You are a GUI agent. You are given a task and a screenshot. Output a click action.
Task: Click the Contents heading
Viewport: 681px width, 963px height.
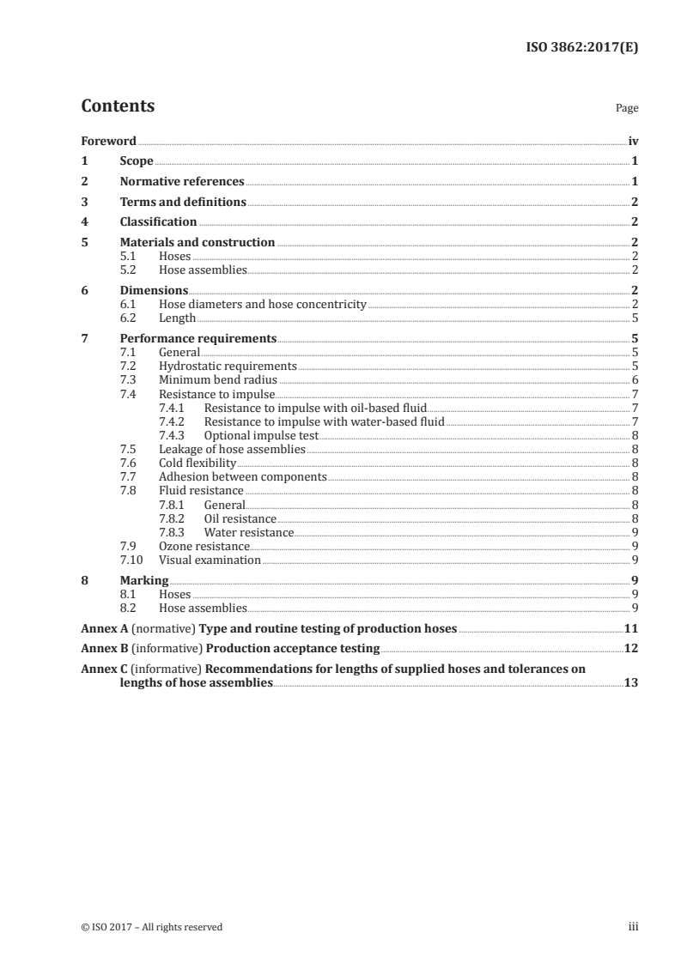click(118, 106)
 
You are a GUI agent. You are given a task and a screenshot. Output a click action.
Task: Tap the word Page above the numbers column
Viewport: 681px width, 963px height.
click(627, 109)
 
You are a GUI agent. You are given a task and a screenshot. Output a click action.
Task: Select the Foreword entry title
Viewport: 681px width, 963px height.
click(108, 141)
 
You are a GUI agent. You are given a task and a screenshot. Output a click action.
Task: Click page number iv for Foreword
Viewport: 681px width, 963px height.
click(633, 141)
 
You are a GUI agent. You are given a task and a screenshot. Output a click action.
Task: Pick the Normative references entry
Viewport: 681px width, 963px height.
click(182, 182)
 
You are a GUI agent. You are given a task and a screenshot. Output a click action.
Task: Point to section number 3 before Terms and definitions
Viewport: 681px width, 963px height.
click(84, 203)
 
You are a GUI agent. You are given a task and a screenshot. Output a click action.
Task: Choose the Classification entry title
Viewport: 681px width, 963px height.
click(158, 222)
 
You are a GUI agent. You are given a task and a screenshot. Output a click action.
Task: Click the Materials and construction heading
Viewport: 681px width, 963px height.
click(198, 243)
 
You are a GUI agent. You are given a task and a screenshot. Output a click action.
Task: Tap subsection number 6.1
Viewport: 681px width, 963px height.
click(128, 304)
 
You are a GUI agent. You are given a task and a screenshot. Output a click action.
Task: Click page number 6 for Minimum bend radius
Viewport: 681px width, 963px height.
click(635, 379)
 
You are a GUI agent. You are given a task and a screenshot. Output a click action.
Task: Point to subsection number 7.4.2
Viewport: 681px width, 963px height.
click(175, 421)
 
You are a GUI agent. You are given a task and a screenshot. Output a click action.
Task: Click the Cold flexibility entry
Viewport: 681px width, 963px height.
click(198, 463)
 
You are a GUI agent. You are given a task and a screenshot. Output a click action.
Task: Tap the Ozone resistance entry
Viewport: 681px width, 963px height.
click(204, 546)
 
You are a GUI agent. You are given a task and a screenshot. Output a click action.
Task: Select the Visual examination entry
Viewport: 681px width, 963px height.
click(210, 560)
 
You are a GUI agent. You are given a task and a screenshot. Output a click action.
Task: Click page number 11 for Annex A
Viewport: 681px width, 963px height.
click(630, 628)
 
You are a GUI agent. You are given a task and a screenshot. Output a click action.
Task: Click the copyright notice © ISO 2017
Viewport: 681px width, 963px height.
click(151, 927)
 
